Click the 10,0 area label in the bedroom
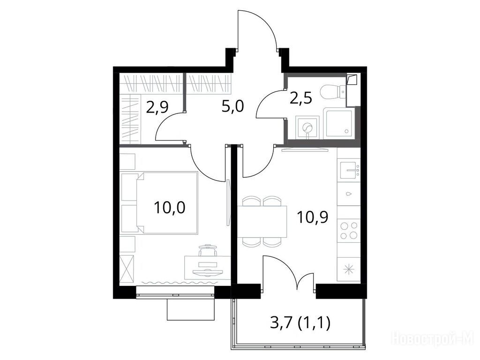point(170,208)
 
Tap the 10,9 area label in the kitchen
point(312,217)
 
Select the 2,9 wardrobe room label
point(157,107)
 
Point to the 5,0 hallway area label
point(232,107)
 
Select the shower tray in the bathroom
point(338,123)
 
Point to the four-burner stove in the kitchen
point(349,230)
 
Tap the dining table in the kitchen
point(262,222)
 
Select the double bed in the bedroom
point(167,203)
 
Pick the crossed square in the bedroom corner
point(127,270)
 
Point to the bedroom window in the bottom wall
point(175,295)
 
